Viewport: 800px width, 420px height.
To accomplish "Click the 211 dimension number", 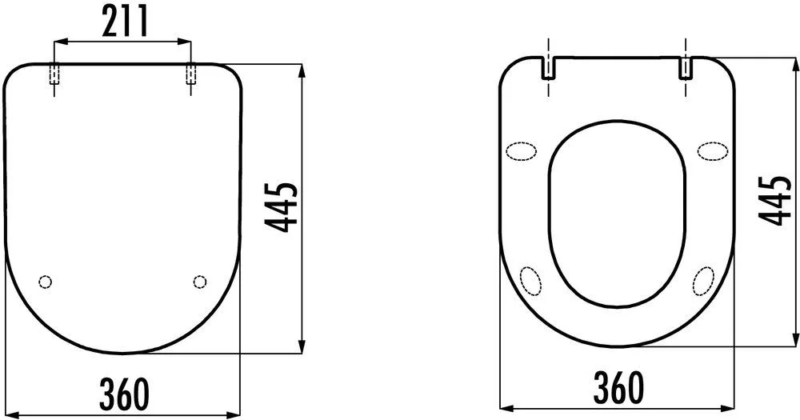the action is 125,21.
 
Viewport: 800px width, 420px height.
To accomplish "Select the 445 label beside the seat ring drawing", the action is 774,200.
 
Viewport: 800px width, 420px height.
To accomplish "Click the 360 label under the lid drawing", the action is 124,394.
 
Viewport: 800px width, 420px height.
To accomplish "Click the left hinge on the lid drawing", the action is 54,74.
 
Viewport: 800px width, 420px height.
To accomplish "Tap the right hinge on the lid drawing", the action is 191,74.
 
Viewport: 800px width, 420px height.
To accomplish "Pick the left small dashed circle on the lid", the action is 46,282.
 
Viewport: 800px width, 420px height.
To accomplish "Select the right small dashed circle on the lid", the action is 200,282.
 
